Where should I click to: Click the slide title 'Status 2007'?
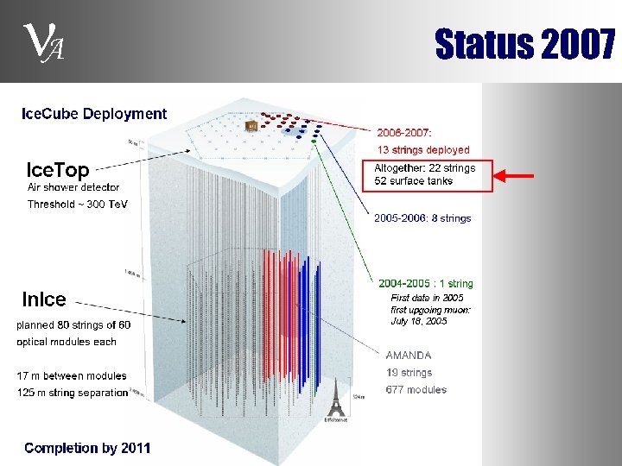(x=524, y=44)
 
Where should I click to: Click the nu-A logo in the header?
(x=41, y=41)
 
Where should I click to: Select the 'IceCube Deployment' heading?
(x=94, y=113)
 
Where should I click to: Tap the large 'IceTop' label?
(x=58, y=169)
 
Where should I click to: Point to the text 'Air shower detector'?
(x=73, y=187)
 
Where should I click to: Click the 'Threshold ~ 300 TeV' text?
(x=77, y=205)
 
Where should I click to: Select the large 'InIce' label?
(x=44, y=299)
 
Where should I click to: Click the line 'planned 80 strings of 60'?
(x=73, y=325)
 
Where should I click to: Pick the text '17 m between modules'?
(x=71, y=375)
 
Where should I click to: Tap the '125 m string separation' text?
(x=73, y=393)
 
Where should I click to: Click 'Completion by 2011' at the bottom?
(x=87, y=448)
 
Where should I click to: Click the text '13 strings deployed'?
(x=423, y=150)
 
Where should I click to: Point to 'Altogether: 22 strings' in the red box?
(x=425, y=168)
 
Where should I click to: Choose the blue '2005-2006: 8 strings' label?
(x=422, y=218)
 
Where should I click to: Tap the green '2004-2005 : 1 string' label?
(x=426, y=283)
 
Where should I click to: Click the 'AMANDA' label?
(x=409, y=355)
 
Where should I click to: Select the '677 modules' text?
(x=416, y=390)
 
